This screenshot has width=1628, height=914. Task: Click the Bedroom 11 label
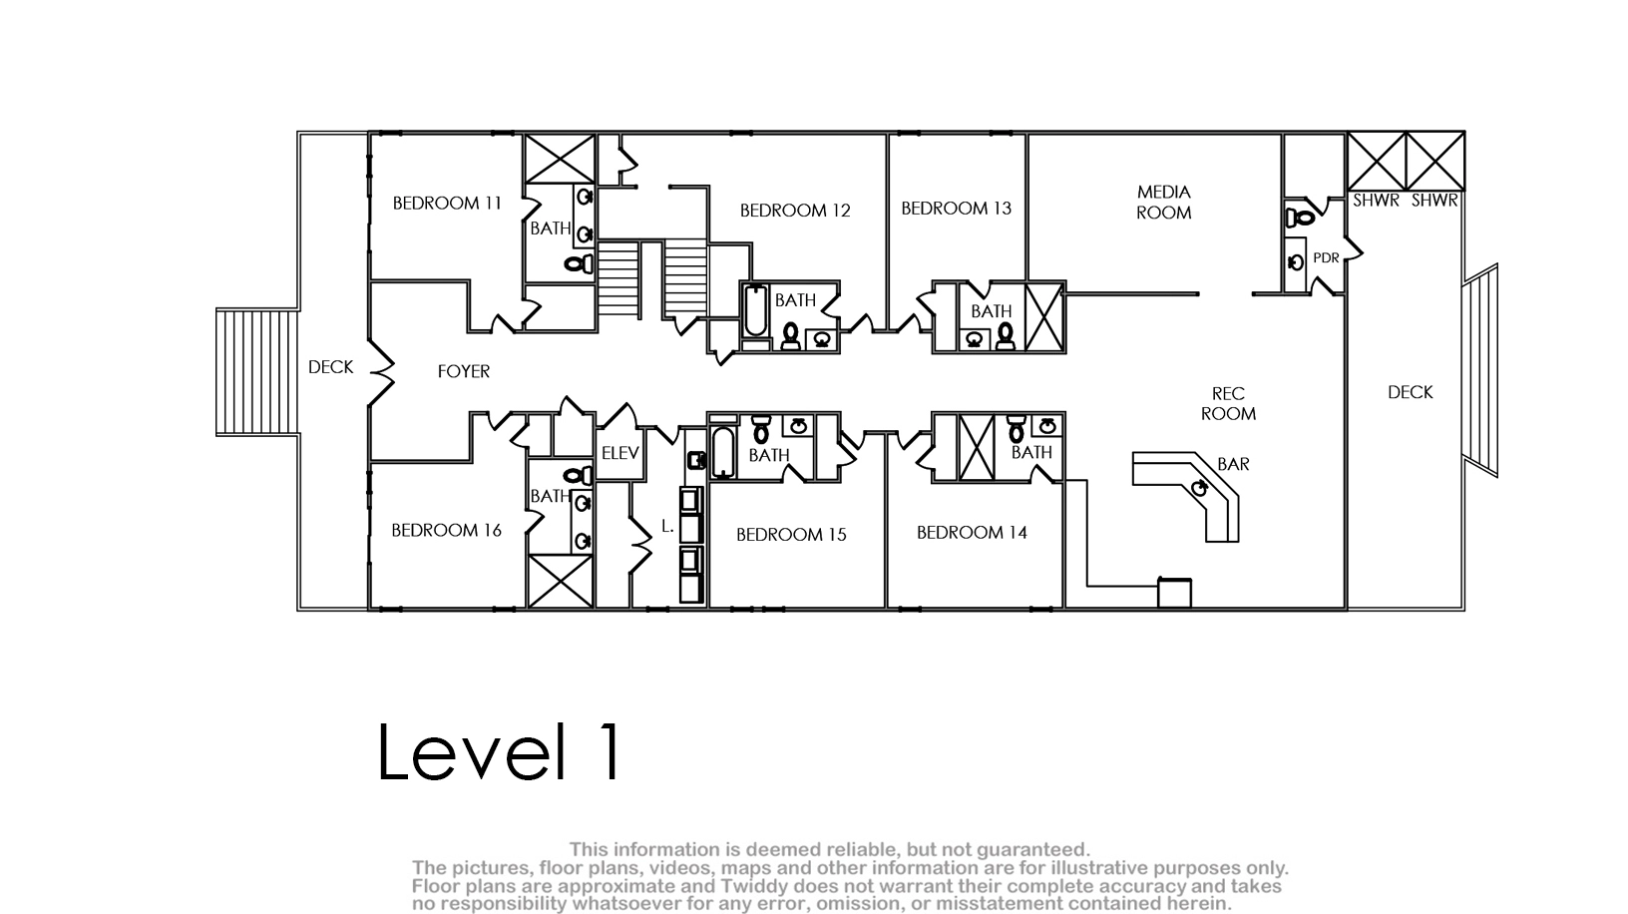447,203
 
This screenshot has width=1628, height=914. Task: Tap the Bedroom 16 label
446,530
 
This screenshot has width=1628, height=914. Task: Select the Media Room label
1163,203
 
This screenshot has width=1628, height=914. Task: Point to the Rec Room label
1228,403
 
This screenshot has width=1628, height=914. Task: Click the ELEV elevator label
619,453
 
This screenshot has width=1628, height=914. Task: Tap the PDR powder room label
1326,257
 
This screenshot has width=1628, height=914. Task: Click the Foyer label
464,371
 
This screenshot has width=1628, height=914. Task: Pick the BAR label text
1233,464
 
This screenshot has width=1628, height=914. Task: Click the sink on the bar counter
1198,488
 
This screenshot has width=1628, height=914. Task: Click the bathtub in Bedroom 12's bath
756,311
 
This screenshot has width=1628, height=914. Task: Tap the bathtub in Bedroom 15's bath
722,452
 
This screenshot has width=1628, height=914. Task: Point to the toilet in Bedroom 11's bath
580,263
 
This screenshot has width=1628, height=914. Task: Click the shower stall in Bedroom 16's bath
561,581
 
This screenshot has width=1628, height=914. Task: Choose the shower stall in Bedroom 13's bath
1043,317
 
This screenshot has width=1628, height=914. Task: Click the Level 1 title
500,751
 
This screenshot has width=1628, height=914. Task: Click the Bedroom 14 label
972,533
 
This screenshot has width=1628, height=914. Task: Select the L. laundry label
668,526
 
